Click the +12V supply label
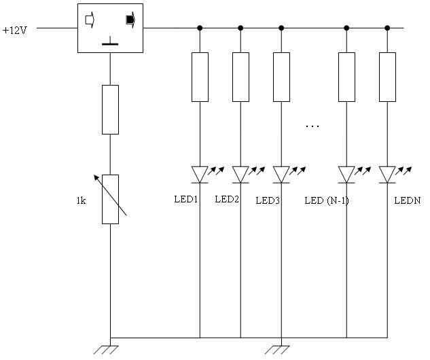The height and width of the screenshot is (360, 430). [x=14, y=30]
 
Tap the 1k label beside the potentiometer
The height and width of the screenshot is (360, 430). [x=81, y=200]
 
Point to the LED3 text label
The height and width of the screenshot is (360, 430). [x=268, y=200]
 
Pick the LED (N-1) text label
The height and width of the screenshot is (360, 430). [x=327, y=200]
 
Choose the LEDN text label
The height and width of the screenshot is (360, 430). [x=408, y=200]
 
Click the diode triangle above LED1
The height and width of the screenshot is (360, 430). [x=200, y=175]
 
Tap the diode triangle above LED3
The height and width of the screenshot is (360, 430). [x=281, y=175]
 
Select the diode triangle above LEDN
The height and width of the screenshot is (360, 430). [x=387, y=175]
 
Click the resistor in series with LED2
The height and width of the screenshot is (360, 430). [x=240, y=77]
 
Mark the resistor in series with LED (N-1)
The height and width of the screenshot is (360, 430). [x=346, y=77]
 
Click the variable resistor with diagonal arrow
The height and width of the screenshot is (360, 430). [x=110, y=198]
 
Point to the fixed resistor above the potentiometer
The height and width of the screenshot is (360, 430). [x=110, y=109]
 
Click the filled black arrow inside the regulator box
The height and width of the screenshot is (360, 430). [x=130, y=20]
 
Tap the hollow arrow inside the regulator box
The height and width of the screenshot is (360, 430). [x=89, y=20]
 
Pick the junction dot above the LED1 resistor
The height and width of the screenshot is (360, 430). [x=200, y=29]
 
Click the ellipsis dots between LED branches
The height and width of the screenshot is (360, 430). [x=312, y=126]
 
